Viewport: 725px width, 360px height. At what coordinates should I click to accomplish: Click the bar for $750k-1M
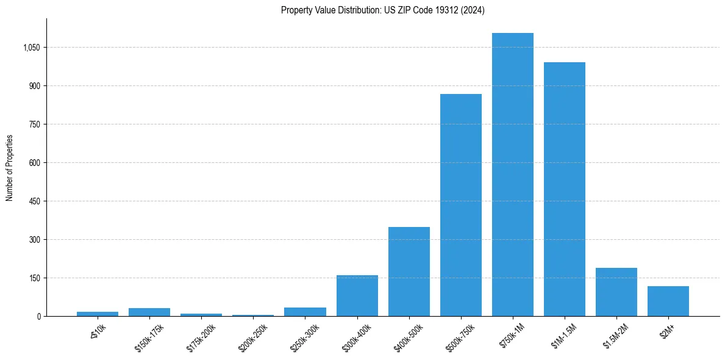pyautogui.click(x=513, y=175)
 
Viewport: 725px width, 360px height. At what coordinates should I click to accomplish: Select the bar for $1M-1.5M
pyautogui.click(x=565, y=189)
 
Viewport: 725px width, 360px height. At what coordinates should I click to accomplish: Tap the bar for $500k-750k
pyautogui.click(x=461, y=205)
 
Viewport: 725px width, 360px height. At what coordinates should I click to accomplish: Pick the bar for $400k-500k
pyautogui.click(x=409, y=272)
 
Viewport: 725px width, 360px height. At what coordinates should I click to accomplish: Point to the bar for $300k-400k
pyautogui.click(x=357, y=296)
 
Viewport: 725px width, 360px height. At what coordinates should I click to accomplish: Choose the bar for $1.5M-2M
pyautogui.click(x=616, y=292)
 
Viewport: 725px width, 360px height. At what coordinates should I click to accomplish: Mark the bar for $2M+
pyautogui.click(x=668, y=301)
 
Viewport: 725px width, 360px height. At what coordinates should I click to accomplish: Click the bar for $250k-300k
pyautogui.click(x=305, y=312)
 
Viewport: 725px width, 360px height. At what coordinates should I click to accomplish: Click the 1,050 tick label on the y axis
pyautogui.click(x=30, y=48)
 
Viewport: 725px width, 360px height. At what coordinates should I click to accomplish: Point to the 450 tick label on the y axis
pyautogui.click(x=34, y=201)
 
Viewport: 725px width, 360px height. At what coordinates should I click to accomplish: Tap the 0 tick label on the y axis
pyautogui.click(x=38, y=317)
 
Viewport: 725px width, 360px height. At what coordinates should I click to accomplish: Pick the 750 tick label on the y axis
pyautogui.click(x=34, y=124)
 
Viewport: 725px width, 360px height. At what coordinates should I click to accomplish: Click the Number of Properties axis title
pyautogui.click(x=10, y=168)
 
